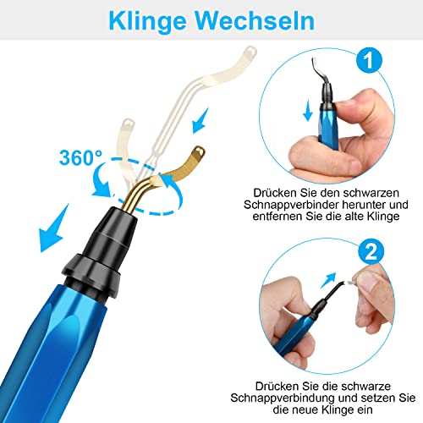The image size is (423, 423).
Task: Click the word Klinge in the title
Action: click(x=147, y=22)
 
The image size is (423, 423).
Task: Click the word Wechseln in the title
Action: click(x=255, y=20)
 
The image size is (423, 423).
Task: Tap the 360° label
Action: click(x=80, y=157)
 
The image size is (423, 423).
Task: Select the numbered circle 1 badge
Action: click(x=369, y=60)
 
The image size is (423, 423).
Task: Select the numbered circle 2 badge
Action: click(x=371, y=251)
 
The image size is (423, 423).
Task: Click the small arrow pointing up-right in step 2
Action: click(x=328, y=280)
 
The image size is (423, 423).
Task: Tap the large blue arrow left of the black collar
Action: click(x=53, y=228)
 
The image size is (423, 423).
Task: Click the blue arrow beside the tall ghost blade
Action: click(x=201, y=121)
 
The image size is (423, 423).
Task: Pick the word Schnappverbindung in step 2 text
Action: click(x=282, y=398)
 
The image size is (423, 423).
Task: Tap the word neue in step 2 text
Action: click(x=304, y=409)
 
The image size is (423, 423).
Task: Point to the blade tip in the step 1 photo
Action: click(x=314, y=63)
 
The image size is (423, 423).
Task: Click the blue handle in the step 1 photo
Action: click(x=329, y=127)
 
